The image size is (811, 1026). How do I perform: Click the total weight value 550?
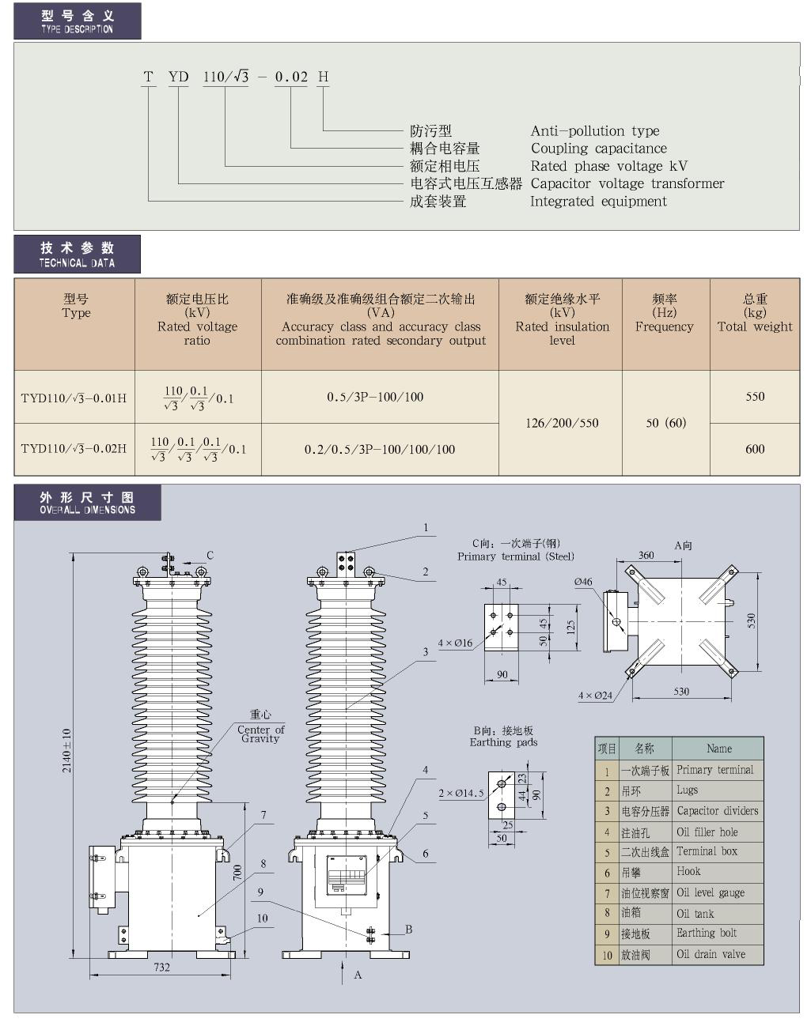(755, 397)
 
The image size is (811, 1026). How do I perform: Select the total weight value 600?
(755, 449)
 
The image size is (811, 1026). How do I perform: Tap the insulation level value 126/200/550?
(562, 423)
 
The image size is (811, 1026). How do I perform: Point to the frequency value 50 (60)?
(665, 423)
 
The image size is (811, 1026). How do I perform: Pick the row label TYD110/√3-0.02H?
(74, 449)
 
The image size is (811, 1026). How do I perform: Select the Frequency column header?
(664, 313)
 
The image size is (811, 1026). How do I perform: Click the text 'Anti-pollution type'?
(594, 131)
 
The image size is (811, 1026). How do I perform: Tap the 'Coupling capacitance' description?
(598, 149)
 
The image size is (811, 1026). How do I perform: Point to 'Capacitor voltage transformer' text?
(627, 183)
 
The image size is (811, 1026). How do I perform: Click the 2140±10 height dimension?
(67, 750)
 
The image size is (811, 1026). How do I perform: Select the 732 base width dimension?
(161, 967)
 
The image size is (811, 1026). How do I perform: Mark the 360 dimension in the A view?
(646, 555)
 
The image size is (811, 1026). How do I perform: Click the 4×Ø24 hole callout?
(595, 696)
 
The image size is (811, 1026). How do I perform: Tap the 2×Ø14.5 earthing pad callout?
(460, 793)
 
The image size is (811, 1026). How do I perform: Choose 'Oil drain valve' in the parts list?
(711, 954)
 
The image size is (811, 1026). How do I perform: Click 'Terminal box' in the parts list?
(707, 851)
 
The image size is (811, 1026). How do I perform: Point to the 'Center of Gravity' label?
(260, 733)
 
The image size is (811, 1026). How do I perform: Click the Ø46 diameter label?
(583, 582)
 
